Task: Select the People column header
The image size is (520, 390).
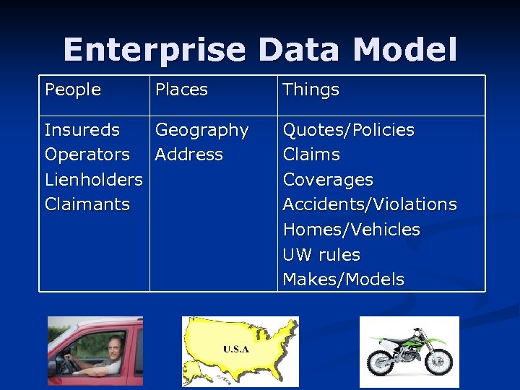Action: (x=73, y=90)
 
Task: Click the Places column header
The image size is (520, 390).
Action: (x=181, y=90)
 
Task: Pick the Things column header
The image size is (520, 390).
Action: (x=311, y=90)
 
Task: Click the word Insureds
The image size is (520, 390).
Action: (x=82, y=130)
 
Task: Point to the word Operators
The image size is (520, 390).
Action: (x=87, y=155)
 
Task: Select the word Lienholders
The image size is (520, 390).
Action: (x=93, y=179)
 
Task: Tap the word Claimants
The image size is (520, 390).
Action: (x=87, y=204)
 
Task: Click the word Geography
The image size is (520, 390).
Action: (x=201, y=130)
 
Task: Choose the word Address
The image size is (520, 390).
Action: (x=189, y=155)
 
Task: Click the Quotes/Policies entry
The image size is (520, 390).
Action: (x=348, y=130)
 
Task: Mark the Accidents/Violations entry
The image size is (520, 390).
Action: (x=369, y=204)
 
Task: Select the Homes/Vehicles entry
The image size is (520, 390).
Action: (x=351, y=230)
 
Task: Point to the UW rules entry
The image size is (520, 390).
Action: (x=321, y=255)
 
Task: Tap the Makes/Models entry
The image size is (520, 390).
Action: (x=343, y=279)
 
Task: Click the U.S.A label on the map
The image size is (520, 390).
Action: (x=236, y=349)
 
